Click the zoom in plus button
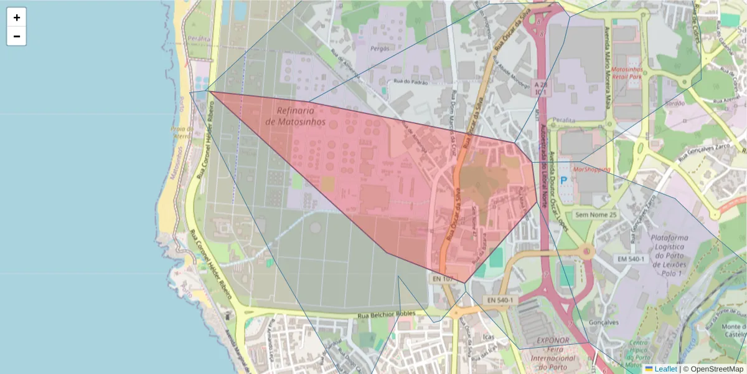point(17,17)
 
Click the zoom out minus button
point(17,36)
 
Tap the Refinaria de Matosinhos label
point(295,116)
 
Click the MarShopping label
point(591,169)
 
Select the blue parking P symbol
point(564,180)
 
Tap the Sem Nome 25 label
point(596,215)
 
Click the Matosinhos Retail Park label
point(626,73)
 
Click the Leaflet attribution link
point(665,369)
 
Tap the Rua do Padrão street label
point(411,82)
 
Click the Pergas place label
point(380,48)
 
